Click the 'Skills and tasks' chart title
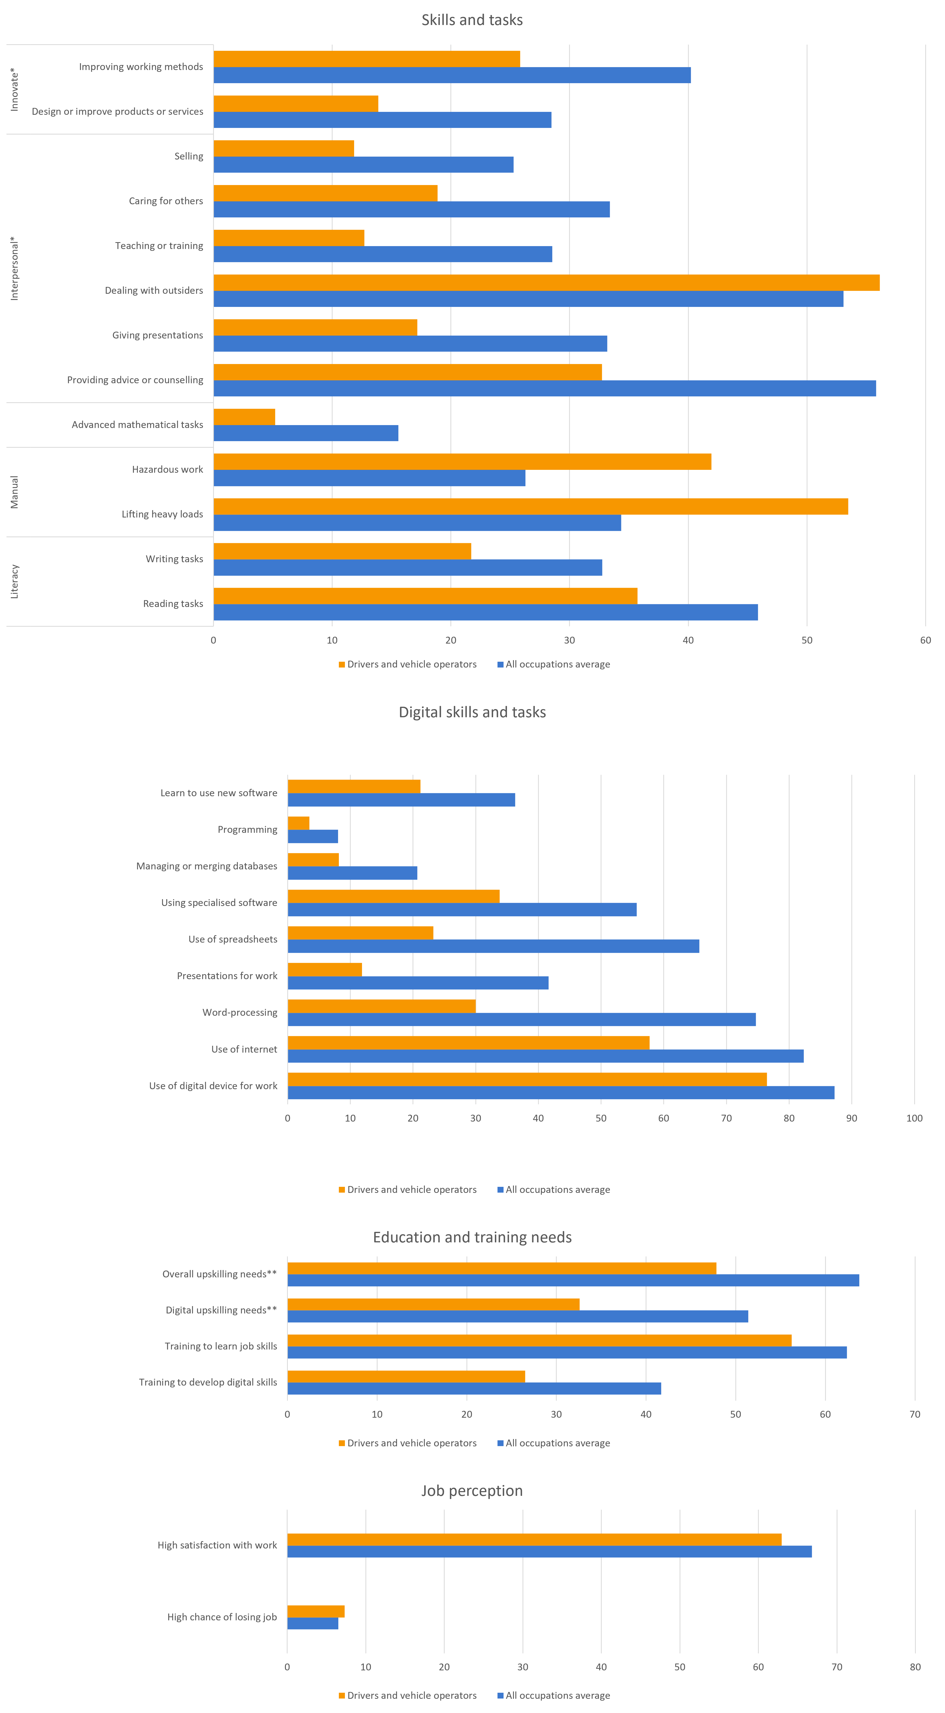pyautogui.click(x=472, y=20)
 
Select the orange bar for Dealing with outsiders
pyautogui.click(x=546, y=283)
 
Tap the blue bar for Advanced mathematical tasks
pyautogui.click(x=306, y=433)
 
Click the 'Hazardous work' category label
pyautogui.click(x=168, y=470)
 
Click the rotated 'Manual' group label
pyautogui.click(x=15, y=492)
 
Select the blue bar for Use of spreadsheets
pyautogui.click(x=493, y=946)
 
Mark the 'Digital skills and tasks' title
pyautogui.click(x=472, y=712)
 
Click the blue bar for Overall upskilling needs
pyautogui.click(x=573, y=1280)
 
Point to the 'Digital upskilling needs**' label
pyautogui.click(x=221, y=1310)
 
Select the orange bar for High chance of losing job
pyautogui.click(x=316, y=1611)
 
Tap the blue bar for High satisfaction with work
pyautogui.click(x=549, y=1551)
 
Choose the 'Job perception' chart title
pyautogui.click(x=472, y=1491)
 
